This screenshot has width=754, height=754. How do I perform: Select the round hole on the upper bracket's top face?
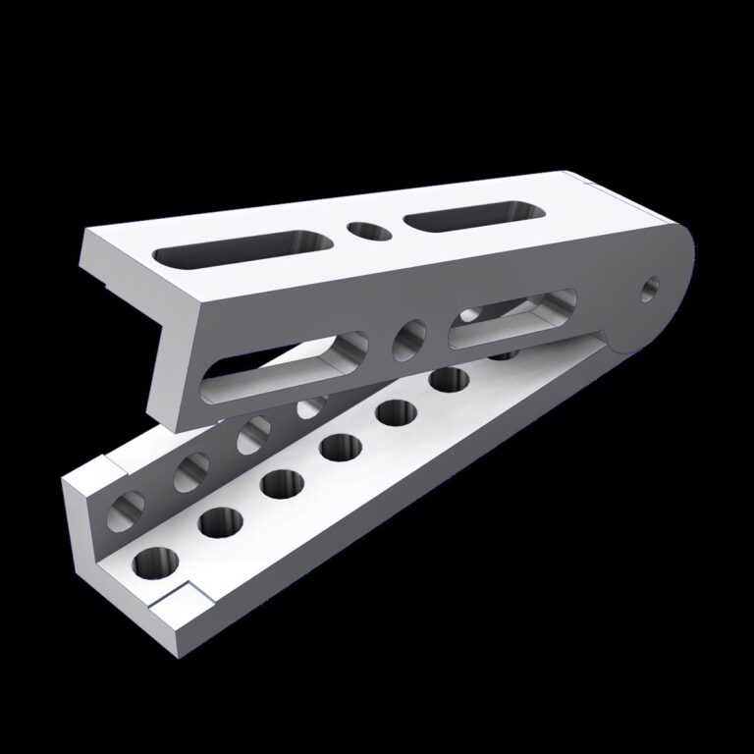(368, 231)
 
